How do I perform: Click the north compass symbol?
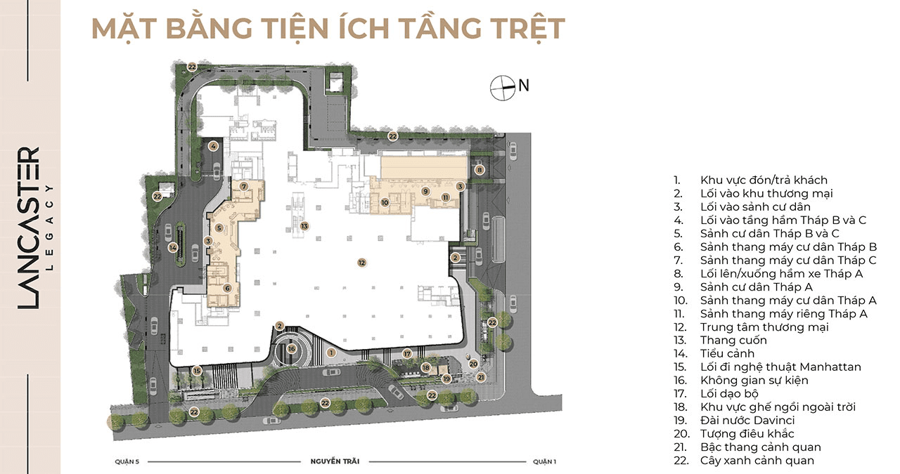tap(503, 88)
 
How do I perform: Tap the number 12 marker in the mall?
tap(362, 263)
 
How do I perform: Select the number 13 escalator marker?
tap(304, 226)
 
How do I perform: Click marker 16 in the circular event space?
tap(292, 349)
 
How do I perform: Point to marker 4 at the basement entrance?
tap(213, 147)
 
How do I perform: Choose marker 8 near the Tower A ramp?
tap(480, 170)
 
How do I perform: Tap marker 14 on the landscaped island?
tap(173, 248)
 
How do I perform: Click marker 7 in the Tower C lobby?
tap(244, 186)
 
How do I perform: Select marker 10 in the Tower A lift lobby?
tap(385, 203)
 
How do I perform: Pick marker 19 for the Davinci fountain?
tap(446, 378)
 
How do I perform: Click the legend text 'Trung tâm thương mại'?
tap(764, 327)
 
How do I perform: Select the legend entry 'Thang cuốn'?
tap(733, 341)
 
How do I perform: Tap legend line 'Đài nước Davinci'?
tap(747, 420)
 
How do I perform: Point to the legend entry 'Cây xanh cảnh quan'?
tap(757, 461)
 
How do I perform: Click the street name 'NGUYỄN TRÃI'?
tap(335, 461)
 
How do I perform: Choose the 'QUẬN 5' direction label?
tap(127, 461)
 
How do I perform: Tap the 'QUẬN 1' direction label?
tap(544, 461)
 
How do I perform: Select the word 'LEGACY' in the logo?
tap(50, 227)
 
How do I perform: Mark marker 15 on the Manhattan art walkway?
tap(197, 371)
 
